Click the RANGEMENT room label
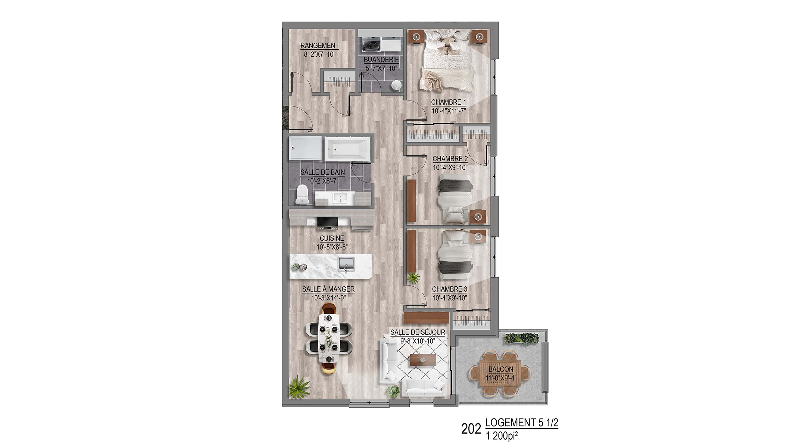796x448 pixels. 319,46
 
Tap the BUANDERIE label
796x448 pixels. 381,60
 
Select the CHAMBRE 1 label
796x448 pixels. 449,102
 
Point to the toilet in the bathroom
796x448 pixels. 302,195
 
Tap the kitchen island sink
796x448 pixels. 346,264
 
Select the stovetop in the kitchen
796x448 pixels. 328,222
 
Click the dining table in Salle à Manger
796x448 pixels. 329,338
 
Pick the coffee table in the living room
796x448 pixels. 423,360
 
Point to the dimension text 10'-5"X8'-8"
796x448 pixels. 332,247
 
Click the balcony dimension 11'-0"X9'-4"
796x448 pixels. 501,378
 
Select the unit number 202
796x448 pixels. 471,429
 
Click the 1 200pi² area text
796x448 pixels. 502,436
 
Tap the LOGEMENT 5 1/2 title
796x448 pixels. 522,423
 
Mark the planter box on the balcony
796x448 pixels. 522,338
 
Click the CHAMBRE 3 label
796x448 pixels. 449,289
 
